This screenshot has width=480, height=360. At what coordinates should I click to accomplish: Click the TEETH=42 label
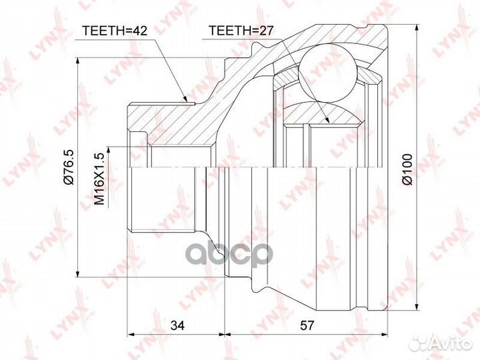pyautogui.click(x=115, y=31)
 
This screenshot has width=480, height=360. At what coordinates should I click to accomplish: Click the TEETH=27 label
pyautogui.click(x=241, y=31)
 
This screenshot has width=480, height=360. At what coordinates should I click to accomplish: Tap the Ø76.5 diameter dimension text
pyautogui.click(x=68, y=167)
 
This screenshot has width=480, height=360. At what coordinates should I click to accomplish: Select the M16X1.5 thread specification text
pyautogui.click(x=99, y=179)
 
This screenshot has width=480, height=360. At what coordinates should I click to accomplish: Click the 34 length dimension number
pyautogui.click(x=177, y=325)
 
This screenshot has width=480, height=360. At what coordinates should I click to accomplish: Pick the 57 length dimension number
pyautogui.click(x=307, y=325)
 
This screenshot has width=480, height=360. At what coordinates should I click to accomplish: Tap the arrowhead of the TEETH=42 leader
pyautogui.click(x=184, y=97)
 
